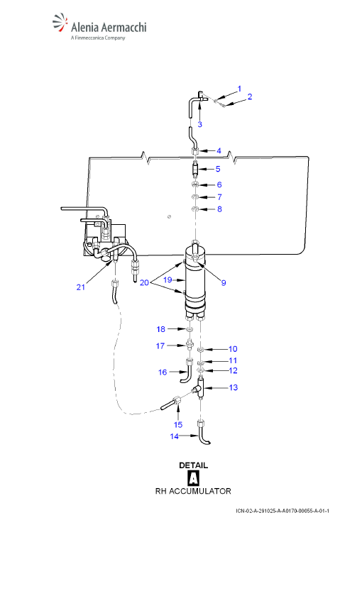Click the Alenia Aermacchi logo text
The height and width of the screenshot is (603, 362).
[109, 27]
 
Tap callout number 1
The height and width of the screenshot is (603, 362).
[239, 89]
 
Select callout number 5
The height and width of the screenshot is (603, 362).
[218, 169]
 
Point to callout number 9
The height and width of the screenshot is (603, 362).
[224, 282]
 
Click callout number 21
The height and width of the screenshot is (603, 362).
[80, 287]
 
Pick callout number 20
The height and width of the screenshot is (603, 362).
[144, 282]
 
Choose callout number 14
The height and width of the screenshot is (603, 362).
[175, 436]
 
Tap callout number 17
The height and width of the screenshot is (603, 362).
[160, 345]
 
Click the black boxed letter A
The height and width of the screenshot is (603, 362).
[193, 478]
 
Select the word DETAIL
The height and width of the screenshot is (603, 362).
[193, 465]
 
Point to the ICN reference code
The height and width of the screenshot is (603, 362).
[283, 511]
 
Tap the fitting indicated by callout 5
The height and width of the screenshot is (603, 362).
[195, 169]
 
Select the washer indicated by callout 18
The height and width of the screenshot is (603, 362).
[189, 330]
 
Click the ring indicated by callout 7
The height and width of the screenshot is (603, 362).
[195, 197]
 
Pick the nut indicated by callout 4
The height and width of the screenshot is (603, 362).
[195, 150]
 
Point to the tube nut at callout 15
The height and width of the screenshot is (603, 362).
[177, 401]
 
